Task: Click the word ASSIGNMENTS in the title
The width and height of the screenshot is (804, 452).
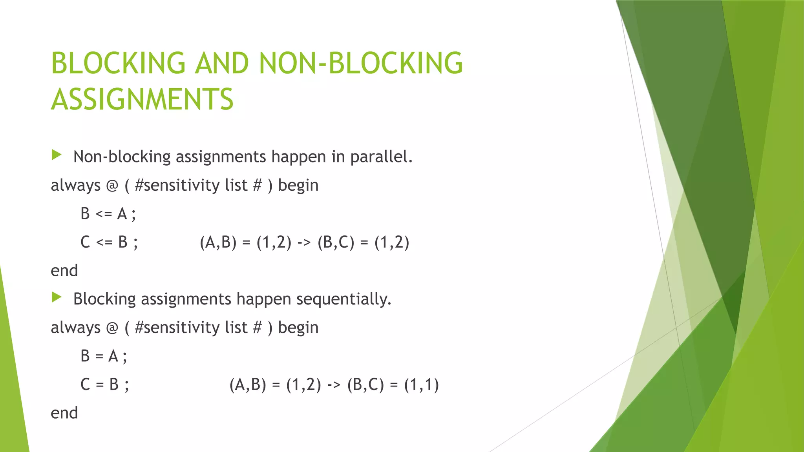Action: [x=142, y=99]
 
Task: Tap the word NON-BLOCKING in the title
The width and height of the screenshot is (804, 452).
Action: [x=361, y=63]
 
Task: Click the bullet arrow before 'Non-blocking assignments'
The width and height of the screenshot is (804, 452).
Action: [x=57, y=155]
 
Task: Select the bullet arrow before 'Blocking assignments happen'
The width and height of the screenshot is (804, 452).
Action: [x=57, y=297]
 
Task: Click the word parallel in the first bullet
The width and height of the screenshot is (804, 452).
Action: [x=381, y=157]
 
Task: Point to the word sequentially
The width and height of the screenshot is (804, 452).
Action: [x=344, y=299]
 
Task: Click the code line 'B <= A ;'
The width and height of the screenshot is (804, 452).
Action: [x=108, y=214]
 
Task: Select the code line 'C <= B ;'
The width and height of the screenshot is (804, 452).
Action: [x=109, y=242]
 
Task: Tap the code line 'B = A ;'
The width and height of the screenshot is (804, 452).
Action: [x=104, y=356]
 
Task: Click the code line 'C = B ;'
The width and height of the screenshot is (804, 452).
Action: [x=104, y=385]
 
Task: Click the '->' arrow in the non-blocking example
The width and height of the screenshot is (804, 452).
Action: [x=304, y=242]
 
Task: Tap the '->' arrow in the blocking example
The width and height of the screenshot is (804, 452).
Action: [x=334, y=385]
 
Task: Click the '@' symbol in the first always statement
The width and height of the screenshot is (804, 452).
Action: [x=112, y=186]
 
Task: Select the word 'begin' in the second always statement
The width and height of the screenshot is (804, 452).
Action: [x=298, y=328]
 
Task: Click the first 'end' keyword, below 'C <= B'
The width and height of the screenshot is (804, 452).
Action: [x=64, y=271]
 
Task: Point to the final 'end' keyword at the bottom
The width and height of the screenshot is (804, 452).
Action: [x=64, y=413]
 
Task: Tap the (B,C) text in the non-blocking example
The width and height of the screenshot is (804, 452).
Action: [x=336, y=242]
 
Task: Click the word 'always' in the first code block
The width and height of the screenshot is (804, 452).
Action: [x=75, y=186]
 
